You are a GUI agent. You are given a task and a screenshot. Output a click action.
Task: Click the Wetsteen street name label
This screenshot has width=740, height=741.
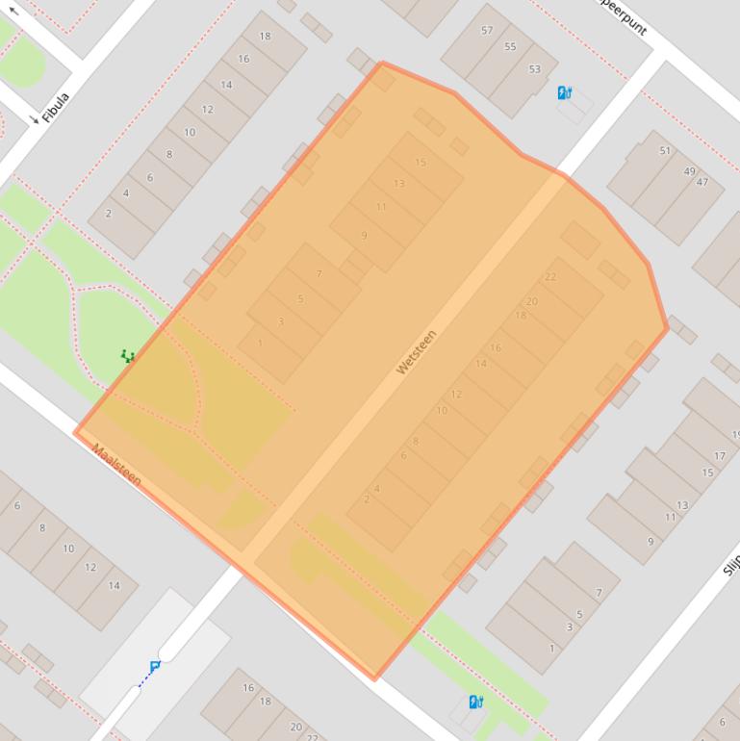[417, 352]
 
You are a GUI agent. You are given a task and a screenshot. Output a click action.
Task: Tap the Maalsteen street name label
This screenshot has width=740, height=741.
[117, 464]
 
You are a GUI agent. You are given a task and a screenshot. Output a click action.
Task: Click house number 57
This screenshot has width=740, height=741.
[487, 31]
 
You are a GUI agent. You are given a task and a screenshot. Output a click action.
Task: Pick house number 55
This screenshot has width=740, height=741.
[510, 46]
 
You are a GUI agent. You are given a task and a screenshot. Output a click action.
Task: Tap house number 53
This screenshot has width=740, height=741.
[534, 69]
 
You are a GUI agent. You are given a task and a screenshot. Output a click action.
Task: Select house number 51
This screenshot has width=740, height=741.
[665, 151]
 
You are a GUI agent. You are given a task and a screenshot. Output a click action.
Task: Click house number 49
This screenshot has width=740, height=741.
[689, 171]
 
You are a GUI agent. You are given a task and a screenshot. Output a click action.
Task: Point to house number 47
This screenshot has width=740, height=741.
[702, 182]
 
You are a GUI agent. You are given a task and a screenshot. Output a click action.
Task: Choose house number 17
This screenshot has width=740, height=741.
[720, 455]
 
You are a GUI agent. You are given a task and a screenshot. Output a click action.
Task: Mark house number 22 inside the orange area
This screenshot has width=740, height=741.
[550, 277]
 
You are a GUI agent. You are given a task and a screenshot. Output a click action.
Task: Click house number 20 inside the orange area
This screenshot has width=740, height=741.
[532, 301]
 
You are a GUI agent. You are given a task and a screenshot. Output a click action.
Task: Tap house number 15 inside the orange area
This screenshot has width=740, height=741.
[421, 163]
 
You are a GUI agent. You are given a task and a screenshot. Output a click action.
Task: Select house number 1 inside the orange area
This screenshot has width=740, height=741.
[260, 344]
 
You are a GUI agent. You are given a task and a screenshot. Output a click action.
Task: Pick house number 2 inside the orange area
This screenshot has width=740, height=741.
[367, 499]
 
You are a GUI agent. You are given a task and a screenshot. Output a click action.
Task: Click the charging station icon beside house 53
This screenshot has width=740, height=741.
[565, 93]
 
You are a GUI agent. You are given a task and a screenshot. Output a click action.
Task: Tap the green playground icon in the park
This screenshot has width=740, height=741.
[127, 356]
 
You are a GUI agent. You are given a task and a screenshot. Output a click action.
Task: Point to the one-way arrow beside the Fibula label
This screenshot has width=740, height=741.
[35, 119]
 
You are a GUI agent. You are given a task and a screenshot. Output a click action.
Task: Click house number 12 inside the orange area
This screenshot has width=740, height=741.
[456, 395]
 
